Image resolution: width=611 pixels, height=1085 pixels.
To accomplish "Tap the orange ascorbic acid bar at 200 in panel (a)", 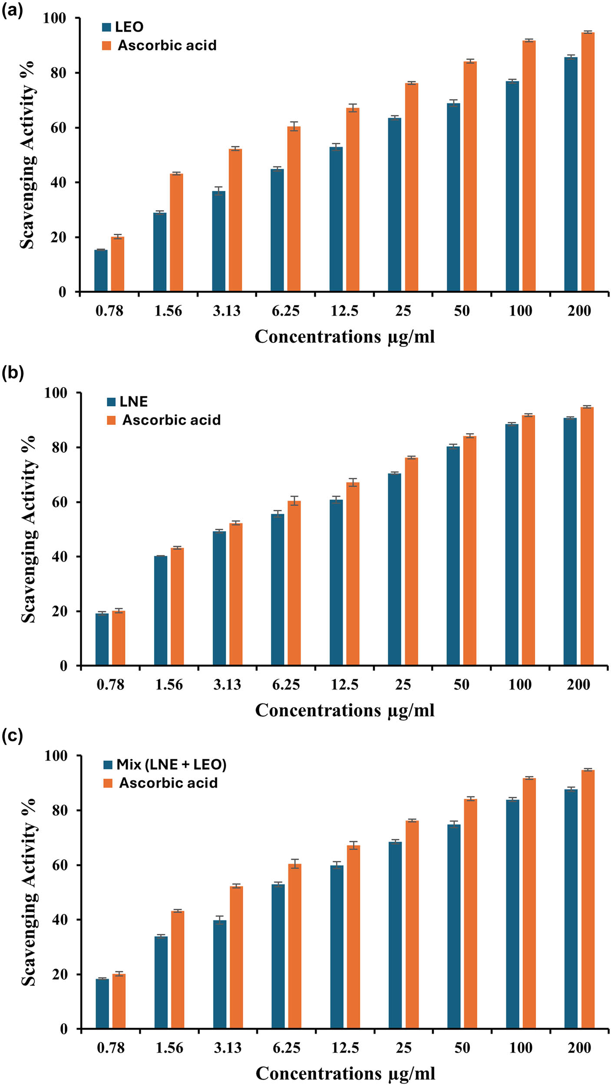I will pyautogui.click(x=588, y=161).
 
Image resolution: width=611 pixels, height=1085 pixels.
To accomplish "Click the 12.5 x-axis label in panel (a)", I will pyautogui.click(x=344, y=311).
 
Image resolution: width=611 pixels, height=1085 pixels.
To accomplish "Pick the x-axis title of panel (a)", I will pyautogui.click(x=344, y=337).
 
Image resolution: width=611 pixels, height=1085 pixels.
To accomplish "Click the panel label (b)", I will pyautogui.click(x=12, y=372).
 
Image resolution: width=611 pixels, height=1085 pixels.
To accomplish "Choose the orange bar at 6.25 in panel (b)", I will pyautogui.click(x=294, y=583).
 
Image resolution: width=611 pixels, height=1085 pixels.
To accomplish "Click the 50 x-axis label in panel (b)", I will pyautogui.click(x=461, y=685).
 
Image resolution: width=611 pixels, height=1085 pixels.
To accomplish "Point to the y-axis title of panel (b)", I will pyautogui.click(x=29, y=529).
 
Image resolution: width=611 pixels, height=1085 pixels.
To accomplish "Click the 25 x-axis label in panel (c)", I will pyautogui.click(x=403, y=1048).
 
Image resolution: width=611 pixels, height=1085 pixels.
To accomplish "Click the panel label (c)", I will pyautogui.click(x=12, y=736).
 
